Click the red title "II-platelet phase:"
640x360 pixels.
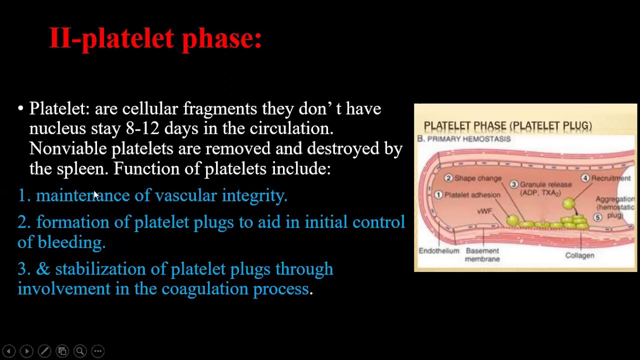(155, 38)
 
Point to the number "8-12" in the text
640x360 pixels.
(142, 128)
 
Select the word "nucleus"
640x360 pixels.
(57, 128)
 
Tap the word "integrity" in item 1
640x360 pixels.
(254, 195)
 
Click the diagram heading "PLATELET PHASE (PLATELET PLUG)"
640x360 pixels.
(507, 126)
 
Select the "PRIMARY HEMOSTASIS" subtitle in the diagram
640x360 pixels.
(468, 139)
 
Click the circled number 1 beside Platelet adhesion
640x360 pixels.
(438, 194)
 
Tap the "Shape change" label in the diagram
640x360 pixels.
(477, 178)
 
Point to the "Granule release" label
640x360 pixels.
(545, 184)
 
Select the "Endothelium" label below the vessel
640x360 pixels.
(438, 251)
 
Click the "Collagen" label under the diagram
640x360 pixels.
(579, 255)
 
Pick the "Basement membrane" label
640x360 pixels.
(482, 254)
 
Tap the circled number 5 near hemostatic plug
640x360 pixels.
(597, 217)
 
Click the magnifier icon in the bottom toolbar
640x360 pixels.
(80, 351)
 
